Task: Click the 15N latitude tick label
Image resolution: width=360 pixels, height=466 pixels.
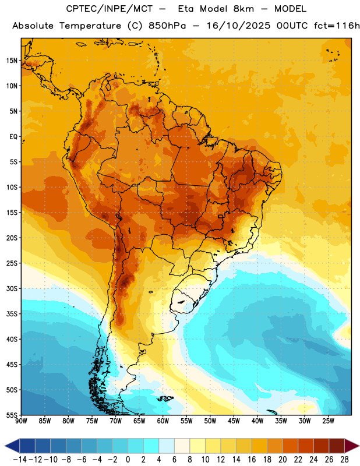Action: pyautogui.click(x=12, y=61)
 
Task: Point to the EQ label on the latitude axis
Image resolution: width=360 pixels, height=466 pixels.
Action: pyautogui.click(x=13, y=137)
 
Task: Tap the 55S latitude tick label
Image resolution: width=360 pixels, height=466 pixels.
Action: pyautogui.click(x=12, y=415)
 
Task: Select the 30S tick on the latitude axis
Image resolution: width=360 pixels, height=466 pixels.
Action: pyautogui.click(x=12, y=288)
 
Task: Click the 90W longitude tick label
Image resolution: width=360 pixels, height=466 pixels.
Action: pyautogui.click(x=22, y=421)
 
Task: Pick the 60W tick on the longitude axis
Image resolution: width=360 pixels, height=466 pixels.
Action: pyautogui.click(x=163, y=421)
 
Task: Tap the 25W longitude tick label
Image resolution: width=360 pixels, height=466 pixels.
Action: pyautogui.click(x=328, y=421)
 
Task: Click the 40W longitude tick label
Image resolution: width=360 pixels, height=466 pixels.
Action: pyautogui.click(x=257, y=421)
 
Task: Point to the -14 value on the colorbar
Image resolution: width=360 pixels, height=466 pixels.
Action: pyautogui.click(x=20, y=460)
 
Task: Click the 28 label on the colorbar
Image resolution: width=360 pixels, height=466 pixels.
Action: pyautogui.click(x=344, y=460)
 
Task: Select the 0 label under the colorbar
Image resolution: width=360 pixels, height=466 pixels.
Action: pyautogui.click(x=128, y=460)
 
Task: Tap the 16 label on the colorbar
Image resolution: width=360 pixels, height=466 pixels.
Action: pyautogui.click(x=252, y=460)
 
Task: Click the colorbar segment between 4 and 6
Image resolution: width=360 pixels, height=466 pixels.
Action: pyautogui.click(x=167, y=446)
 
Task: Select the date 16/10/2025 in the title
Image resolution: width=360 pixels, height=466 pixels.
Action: pyautogui.click(x=238, y=26)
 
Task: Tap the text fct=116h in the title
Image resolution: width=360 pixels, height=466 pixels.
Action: pyautogui.click(x=337, y=26)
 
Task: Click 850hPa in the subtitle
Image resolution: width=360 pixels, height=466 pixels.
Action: pyautogui.click(x=167, y=26)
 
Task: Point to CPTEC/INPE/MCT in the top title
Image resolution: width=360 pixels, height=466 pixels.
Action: pyautogui.click(x=110, y=9)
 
